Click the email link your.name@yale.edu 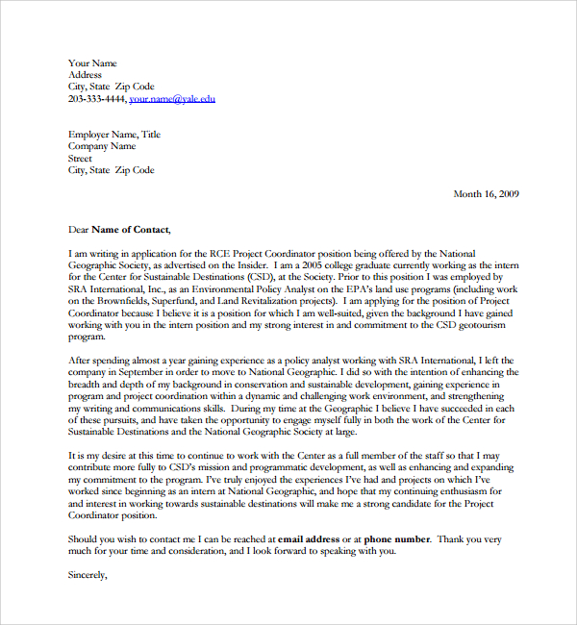172,98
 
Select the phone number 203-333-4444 96,98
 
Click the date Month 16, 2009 486,193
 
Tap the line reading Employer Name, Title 114,135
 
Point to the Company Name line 102,147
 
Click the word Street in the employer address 80,159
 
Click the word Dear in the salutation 78,229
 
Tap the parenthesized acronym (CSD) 260,276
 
